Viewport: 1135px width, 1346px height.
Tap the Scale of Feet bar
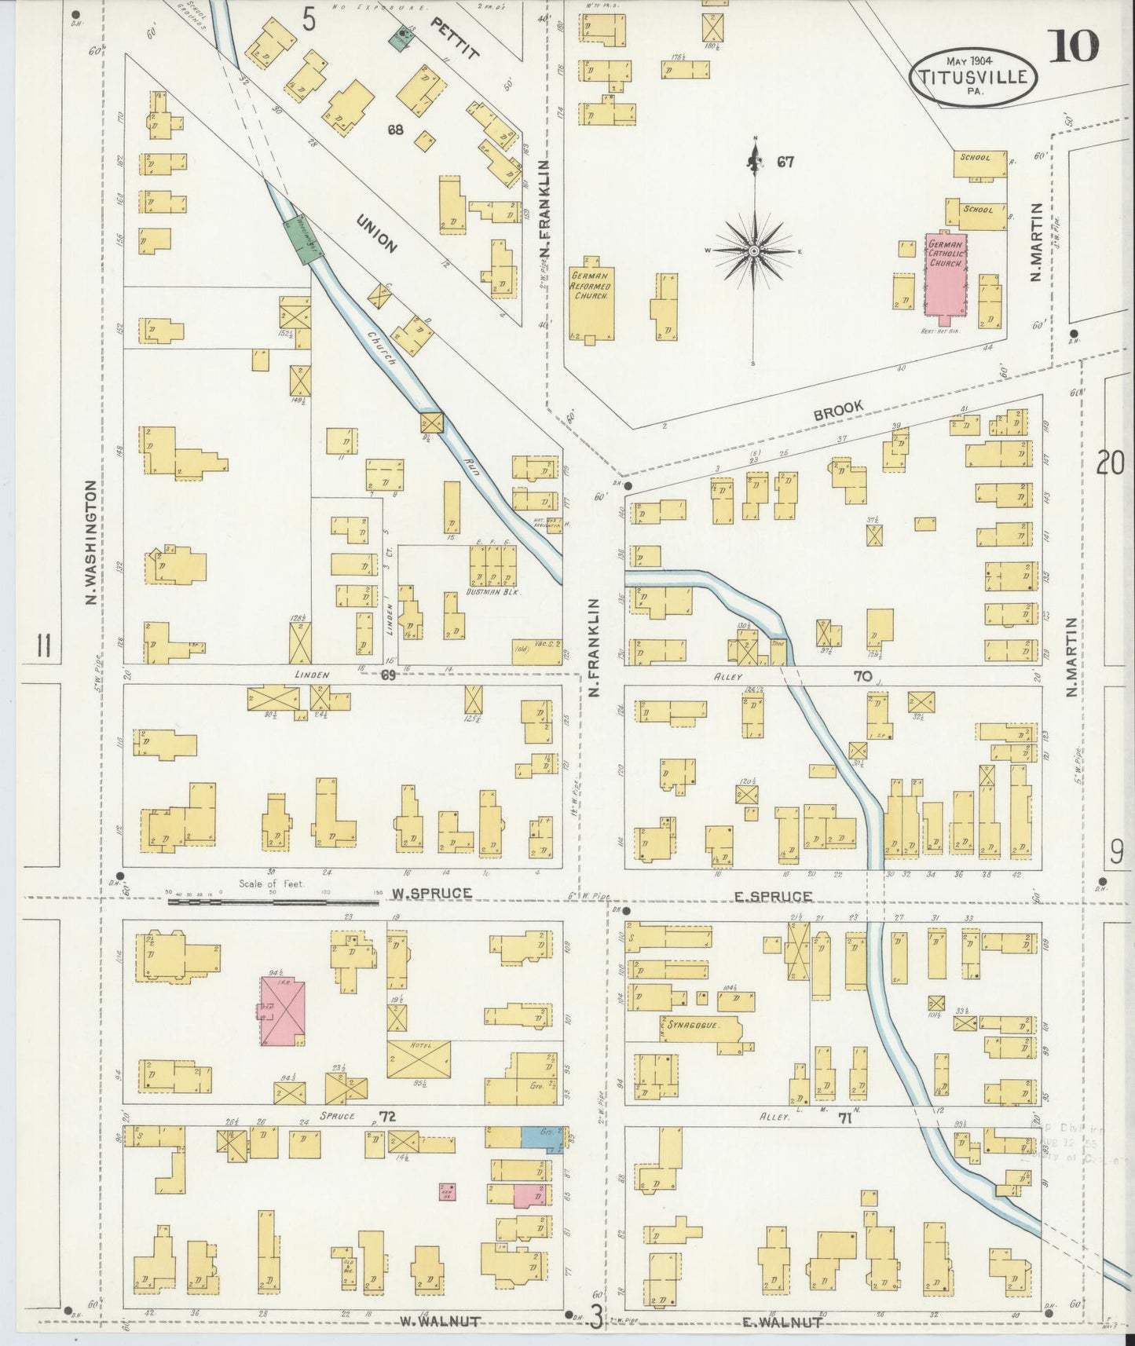(273, 902)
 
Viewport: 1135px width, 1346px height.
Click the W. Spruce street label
(432, 893)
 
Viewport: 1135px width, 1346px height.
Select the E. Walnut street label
(782, 1322)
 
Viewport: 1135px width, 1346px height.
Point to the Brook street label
(838, 408)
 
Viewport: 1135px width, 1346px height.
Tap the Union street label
(375, 233)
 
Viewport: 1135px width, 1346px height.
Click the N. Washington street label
(91, 543)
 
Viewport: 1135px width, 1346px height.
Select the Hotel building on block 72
(419, 1059)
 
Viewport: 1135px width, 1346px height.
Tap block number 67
(785, 163)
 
